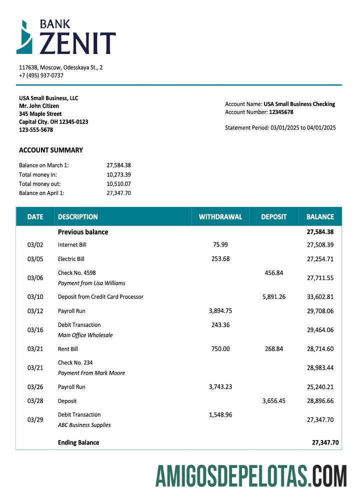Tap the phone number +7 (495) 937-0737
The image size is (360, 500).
[x=41, y=75]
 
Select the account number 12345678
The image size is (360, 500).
[x=281, y=112]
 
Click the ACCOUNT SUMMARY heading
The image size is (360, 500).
[x=51, y=150]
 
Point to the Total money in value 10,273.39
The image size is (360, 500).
[x=118, y=174]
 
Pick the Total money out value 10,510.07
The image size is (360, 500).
[x=118, y=183]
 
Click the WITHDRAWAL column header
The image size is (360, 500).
[x=220, y=217]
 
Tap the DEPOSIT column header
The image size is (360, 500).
[x=273, y=217]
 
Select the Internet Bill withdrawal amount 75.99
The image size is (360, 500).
[x=220, y=244]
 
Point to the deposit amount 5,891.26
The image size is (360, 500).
[x=273, y=296]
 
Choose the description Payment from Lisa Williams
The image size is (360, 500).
[x=91, y=283]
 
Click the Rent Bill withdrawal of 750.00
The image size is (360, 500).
[x=220, y=348]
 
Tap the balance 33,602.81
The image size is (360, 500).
[x=320, y=296]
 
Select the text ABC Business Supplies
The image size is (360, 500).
[x=84, y=425]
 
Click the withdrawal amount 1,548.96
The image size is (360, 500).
[x=220, y=414]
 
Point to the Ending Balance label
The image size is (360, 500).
[x=78, y=442]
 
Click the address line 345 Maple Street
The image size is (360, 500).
[x=40, y=114]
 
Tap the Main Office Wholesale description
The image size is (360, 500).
[x=85, y=335]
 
